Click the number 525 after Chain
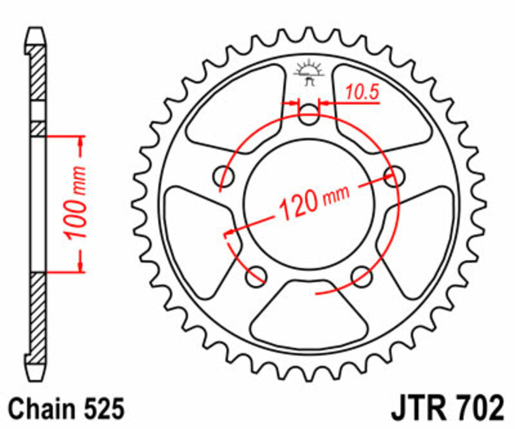pos(100,410)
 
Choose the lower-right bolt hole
pos(362,275)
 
